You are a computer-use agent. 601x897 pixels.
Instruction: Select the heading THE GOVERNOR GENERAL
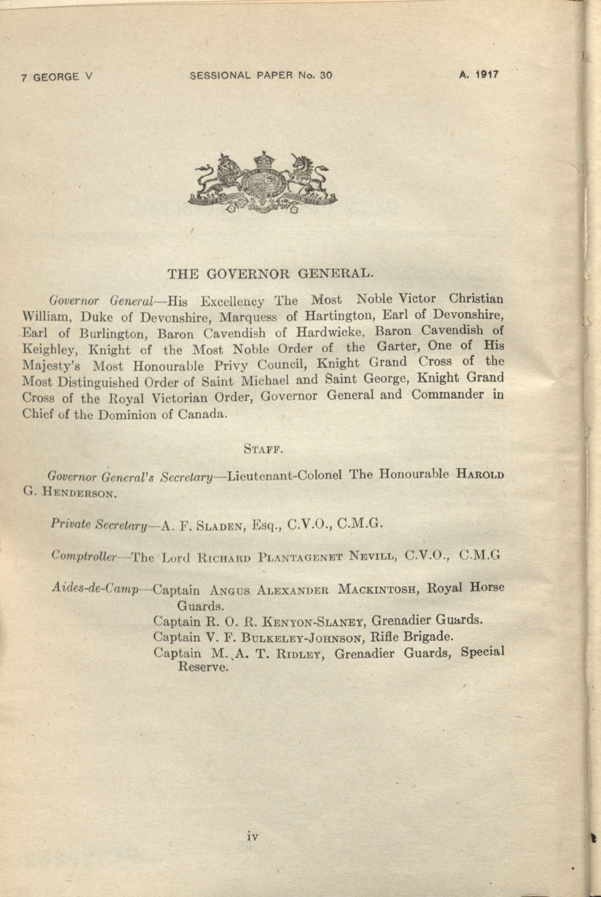tap(270, 273)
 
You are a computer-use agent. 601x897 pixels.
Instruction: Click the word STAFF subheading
tap(263, 449)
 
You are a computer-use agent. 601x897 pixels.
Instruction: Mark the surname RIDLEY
tap(299, 654)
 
